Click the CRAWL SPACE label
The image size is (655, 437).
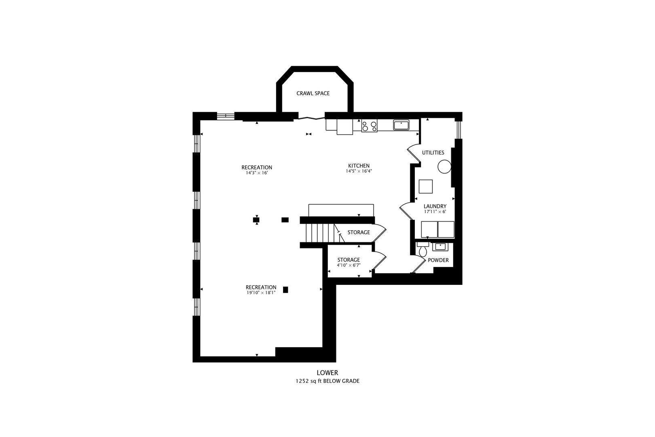tap(313, 93)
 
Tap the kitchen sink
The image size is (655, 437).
tap(401, 125)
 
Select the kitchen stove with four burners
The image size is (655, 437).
tap(369, 125)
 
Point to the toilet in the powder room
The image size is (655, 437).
tap(423, 249)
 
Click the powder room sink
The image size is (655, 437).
tap(440, 246)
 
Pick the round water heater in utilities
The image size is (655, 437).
tap(444, 167)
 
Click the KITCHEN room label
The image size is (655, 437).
tap(359, 165)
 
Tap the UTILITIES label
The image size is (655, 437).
tap(433, 153)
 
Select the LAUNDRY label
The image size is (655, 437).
tap(435, 206)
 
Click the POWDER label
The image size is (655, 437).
tap(438, 260)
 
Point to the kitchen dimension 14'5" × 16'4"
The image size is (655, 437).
tap(359, 171)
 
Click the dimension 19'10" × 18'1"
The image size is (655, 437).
tap(261, 293)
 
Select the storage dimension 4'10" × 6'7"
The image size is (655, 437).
tap(349, 265)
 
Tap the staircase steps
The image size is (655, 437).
tap(320, 233)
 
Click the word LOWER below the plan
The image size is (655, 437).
tap(327, 373)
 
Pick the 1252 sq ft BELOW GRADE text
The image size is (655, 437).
tap(327, 381)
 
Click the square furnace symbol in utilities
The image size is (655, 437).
tap(426, 187)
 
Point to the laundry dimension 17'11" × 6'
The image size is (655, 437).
tap(435, 212)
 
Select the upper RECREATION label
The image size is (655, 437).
tap(257, 168)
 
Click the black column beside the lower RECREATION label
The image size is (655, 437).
tap(286, 290)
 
